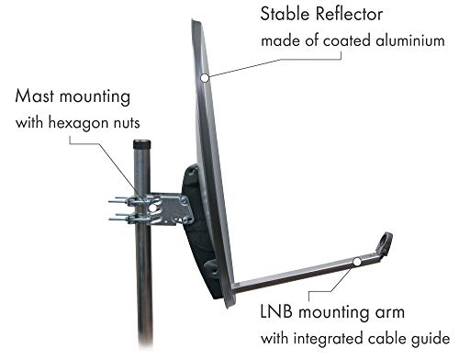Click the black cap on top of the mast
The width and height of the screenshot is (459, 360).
(x=142, y=145)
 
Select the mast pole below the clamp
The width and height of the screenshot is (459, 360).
(x=145, y=294)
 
